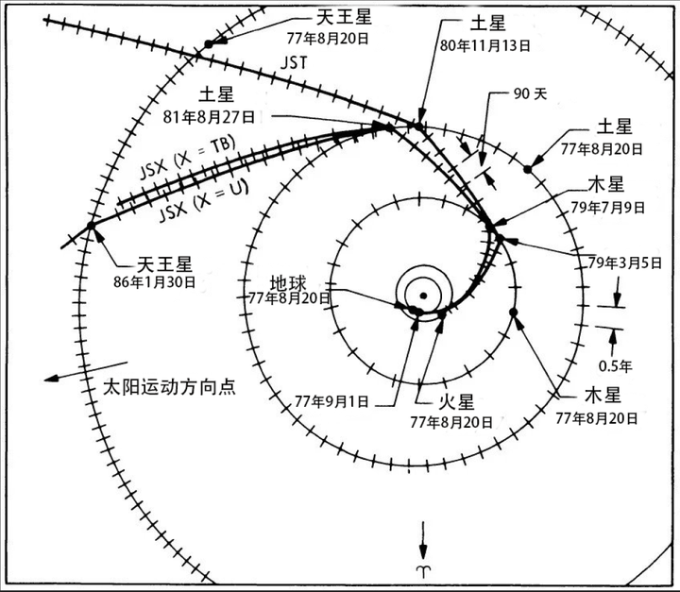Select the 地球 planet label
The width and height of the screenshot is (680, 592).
click(289, 281)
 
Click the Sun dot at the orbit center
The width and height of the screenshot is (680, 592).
click(424, 296)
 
